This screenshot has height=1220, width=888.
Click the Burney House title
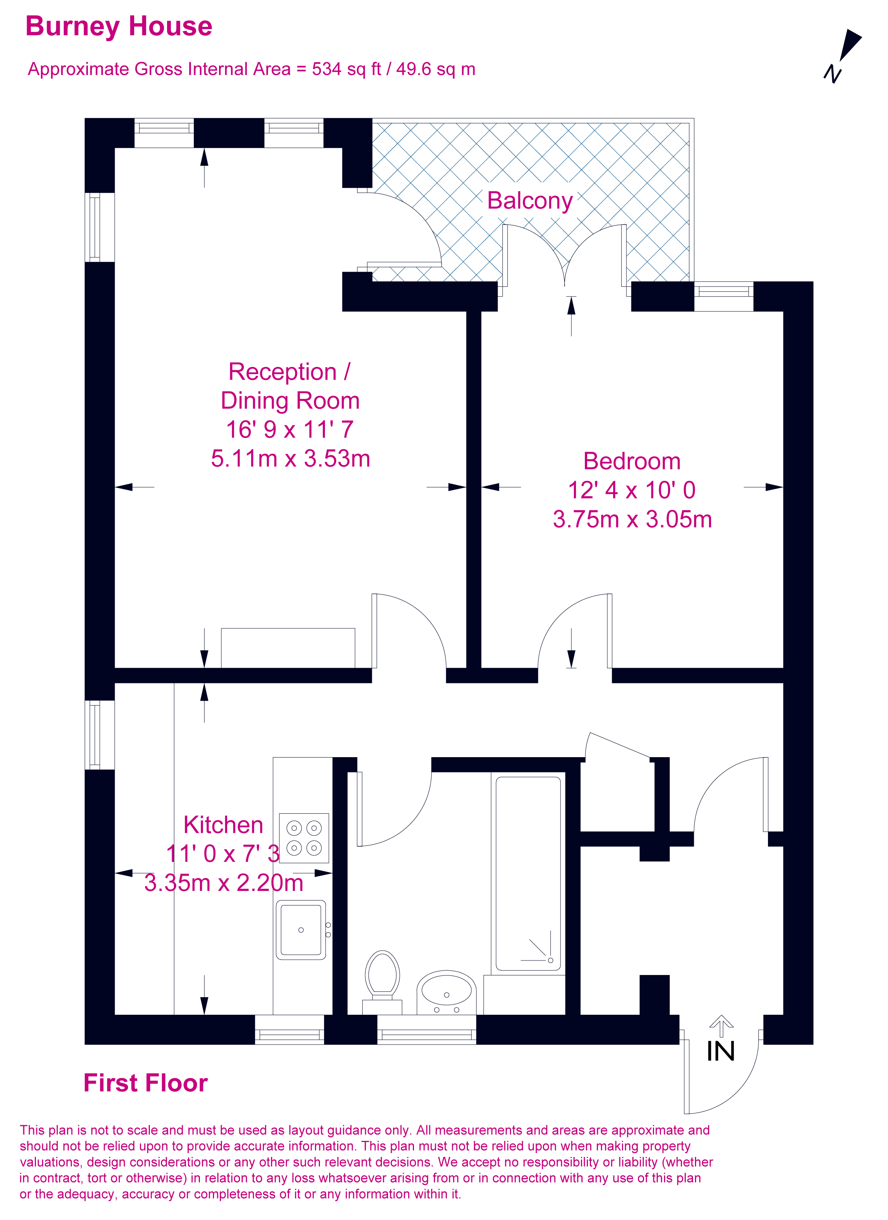click(119, 26)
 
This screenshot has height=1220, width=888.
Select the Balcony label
click(529, 201)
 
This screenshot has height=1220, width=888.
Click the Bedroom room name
click(632, 461)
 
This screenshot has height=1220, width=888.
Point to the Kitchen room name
click(223, 825)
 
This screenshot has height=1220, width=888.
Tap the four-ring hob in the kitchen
click(304, 838)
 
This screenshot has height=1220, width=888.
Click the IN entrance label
click(720, 1051)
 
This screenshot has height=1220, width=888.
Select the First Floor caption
click(145, 1083)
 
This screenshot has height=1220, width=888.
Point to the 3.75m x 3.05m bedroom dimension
click(632, 519)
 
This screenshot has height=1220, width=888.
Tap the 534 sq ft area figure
click(346, 70)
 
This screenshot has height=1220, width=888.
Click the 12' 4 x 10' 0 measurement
click(632, 490)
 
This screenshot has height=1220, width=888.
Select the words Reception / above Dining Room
click(289, 372)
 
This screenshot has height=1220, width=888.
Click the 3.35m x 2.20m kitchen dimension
click(223, 883)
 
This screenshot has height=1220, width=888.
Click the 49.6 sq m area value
click(436, 70)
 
